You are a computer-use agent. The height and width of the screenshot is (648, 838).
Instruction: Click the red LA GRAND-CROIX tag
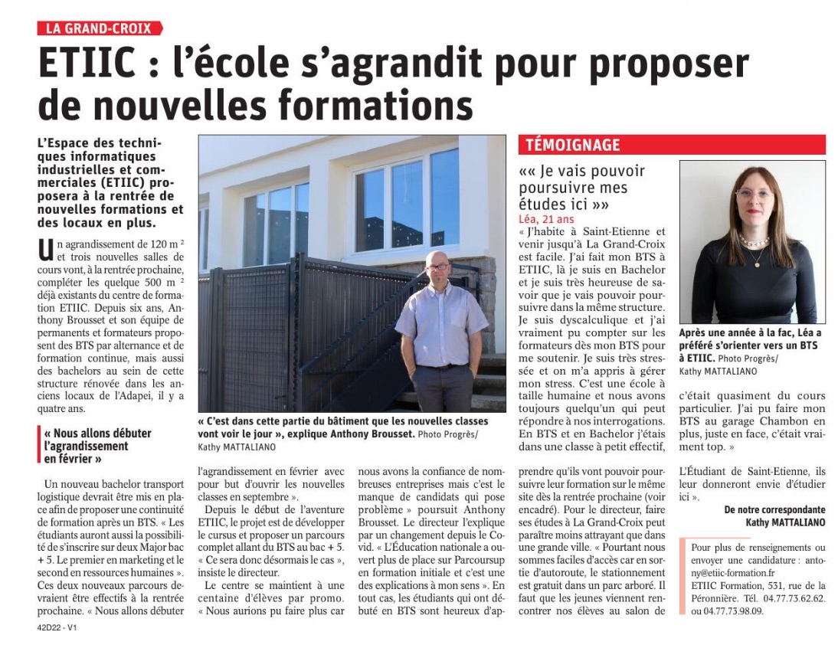point(100,28)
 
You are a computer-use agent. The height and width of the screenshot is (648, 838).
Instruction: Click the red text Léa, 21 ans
point(545,220)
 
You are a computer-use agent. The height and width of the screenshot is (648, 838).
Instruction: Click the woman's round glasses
point(754,195)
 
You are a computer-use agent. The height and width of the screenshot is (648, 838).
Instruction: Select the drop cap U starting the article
point(44,250)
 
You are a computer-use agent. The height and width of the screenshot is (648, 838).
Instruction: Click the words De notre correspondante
point(775,509)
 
